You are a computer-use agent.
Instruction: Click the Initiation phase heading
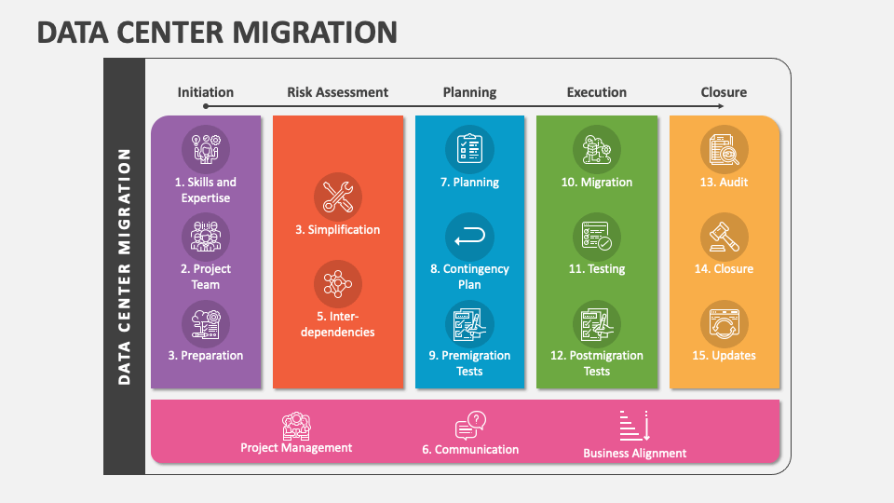tap(206, 92)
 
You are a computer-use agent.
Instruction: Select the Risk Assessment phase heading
tap(337, 92)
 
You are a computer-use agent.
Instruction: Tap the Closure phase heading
tap(724, 92)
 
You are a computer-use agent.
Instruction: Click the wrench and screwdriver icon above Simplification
tap(337, 197)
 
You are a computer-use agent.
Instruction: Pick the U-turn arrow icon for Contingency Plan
tap(469, 238)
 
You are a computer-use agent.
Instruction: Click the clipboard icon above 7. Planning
tap(469, 149)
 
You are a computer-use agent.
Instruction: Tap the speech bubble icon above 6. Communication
tap(470, 426)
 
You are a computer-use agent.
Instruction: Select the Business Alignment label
tap(634, 454)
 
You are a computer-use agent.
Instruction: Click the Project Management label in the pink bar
tap(296, 448)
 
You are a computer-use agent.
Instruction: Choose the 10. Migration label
tap(597, 183)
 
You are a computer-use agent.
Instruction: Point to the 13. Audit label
tap(724, 183)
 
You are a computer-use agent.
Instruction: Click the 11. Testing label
tap(597, 269)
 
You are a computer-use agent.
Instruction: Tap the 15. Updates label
tap(724, 356)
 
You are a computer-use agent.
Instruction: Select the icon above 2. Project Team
tap(206, 237)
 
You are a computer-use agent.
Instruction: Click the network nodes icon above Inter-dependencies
tap(337, 284)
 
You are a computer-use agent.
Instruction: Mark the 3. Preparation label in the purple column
tap(206, 356)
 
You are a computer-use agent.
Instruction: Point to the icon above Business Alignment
tap(634, 426)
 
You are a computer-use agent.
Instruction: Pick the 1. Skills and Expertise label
tap(206, 190)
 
